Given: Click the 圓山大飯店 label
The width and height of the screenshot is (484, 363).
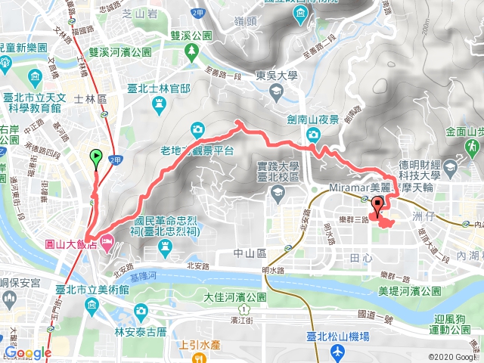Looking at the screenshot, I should pos(71,244).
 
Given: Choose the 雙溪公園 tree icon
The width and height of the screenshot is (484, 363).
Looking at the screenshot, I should pos(192,50).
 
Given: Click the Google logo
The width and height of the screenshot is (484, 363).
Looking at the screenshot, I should pos(28,352).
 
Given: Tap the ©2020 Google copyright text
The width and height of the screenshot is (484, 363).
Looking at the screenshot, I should pos(452,357).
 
